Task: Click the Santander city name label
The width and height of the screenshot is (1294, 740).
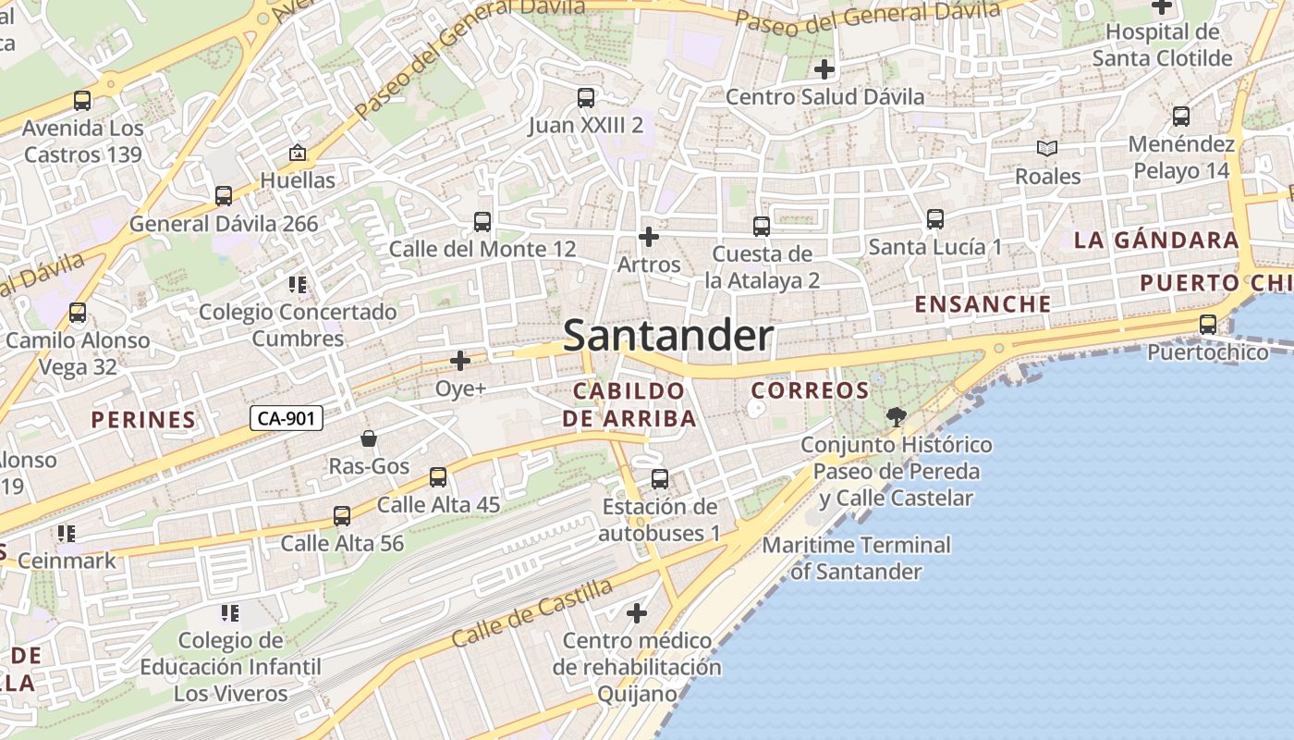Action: (x=667, y=335)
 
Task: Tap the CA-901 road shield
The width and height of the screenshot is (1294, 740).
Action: (x=287, y=418)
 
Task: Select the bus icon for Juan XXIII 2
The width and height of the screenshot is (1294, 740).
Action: (x=585, y=97)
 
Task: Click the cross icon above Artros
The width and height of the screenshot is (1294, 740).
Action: (x=649, y=237)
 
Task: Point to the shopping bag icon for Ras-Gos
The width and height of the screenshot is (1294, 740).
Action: (x=369, y=438)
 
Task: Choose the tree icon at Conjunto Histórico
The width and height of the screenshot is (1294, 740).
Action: (x=895, y=416)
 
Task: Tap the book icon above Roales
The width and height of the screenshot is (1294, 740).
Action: (x=1046, y=148)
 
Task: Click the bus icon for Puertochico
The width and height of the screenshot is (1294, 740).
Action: (x=1207, y=324)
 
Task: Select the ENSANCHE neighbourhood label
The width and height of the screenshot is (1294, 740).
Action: (x=983, y=303)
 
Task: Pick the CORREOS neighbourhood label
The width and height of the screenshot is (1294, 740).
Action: (x=810, y=390)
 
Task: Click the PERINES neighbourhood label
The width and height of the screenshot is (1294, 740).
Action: (x=143, y=420)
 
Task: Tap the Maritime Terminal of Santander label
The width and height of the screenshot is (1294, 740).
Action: (x=856, y=558)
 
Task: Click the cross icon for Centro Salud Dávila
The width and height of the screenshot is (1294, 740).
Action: (x=824, y=68)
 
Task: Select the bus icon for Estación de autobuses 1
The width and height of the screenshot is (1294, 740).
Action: (x=660, y=478)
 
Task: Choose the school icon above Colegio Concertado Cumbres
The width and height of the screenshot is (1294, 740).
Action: (x=298, y=284)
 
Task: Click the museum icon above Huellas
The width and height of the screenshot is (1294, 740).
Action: (x=298, y=153)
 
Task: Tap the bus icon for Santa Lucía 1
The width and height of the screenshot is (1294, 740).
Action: (x=935, y=219)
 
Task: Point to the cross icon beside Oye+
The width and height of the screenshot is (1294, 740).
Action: (x=460, y=361)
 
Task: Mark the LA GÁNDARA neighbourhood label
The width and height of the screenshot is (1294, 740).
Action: (x=1156, y=240)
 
